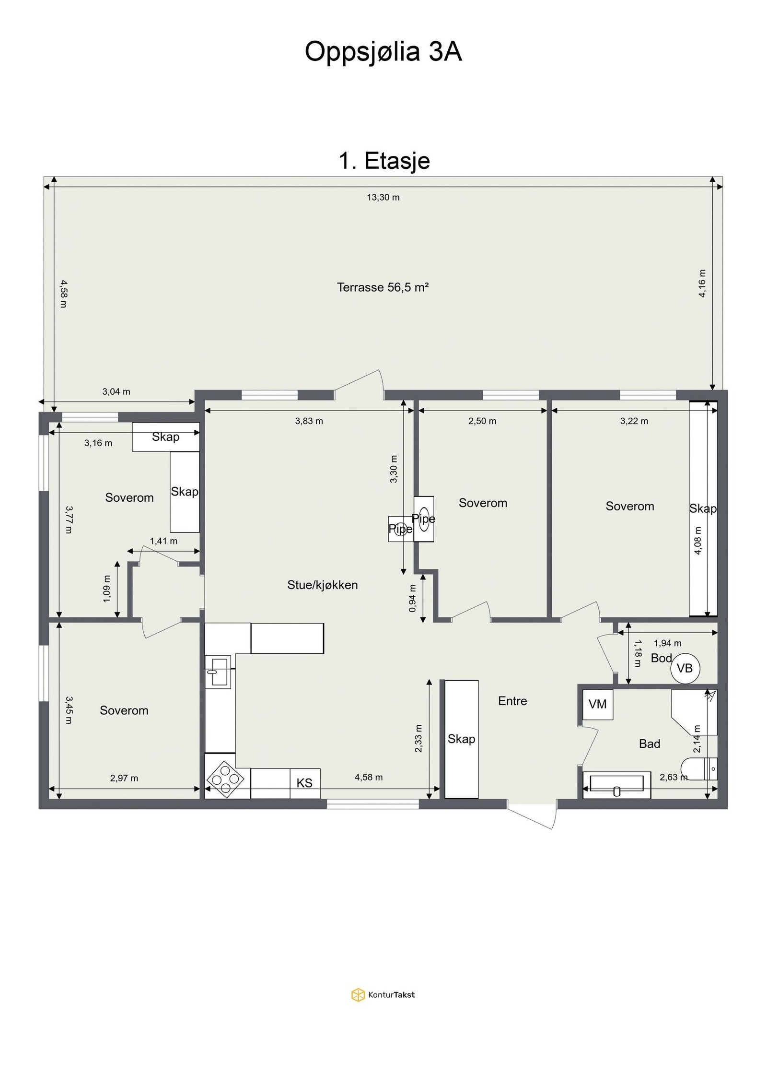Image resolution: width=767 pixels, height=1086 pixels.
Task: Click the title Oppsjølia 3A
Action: click(383, 52)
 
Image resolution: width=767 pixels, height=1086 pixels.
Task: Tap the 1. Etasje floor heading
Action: click(384, 161)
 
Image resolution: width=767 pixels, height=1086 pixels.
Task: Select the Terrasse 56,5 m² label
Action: click(383, 287)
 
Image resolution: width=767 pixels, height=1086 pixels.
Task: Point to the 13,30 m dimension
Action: click(383, 197)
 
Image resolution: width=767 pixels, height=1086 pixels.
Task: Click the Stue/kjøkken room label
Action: click(323, 585)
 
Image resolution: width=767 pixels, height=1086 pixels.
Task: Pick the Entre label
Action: click(512, 701)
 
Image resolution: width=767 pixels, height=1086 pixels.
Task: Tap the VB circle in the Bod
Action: click(685, 668)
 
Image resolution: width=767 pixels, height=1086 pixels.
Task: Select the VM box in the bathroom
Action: click(598, 704)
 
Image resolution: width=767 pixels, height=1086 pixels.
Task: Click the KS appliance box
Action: click(305, 783)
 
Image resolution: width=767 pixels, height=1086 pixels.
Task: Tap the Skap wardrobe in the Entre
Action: click(462, 739)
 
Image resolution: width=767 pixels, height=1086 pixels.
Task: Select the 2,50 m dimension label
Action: click(482, 421)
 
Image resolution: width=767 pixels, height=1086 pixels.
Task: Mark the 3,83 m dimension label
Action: click(309, 421)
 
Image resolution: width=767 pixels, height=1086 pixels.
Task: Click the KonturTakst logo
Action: click(383, 995)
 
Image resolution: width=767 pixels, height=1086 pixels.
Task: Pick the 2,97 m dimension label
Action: click(124, 778)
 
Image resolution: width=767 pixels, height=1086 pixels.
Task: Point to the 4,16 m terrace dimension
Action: click(702, 283)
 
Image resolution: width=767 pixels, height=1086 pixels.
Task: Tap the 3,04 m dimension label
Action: click(116, 391)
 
